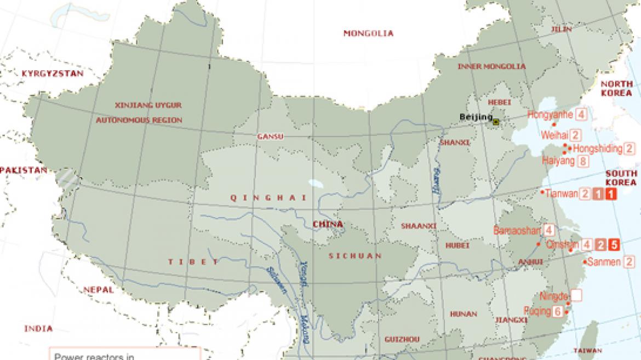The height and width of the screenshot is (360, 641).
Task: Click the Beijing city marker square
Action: pyautogui.click(x=496, y=122)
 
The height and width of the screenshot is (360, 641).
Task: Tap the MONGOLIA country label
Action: pyautogui.click(x=368, y=33)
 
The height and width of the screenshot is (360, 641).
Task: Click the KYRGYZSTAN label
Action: pyautogui.click(x=53, y=73)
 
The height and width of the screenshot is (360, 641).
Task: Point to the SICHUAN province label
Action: pyautogui.click(x=355, y=256)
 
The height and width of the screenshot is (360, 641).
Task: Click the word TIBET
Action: pyautogui.click(x=194, y=262)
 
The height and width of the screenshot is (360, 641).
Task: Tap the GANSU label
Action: pyautogui.click(x=270, y=136)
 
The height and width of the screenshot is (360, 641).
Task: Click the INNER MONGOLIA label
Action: pyautogui.click(x=491, y=67)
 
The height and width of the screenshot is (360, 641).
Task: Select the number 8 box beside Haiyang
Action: pyautogui.click(x=582, y=161)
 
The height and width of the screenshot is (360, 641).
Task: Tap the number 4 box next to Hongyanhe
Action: pyautogui.click(x=581, y=115)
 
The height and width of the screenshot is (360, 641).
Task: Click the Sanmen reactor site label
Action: pyautogui.click(x=603, y=262)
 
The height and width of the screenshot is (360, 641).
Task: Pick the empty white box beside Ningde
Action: pyautogui.click(x=576, y=296)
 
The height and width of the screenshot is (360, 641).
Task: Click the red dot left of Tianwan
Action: pyautogui.click(x=542, y=193)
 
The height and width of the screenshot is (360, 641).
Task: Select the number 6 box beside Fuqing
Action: pyautogui.click(x=558, y=312)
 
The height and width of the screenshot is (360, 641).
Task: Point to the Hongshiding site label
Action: pyautogui.click(x=597, y=148)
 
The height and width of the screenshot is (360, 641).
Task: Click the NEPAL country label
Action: pyautogui.click(x=99, y=290)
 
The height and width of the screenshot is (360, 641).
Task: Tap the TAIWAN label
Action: pyautogui.click(x=588, y=351)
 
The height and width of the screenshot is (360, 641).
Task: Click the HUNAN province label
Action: pyautogui.click(x=463, y=315)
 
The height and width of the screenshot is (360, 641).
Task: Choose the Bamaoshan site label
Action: pyautogui.click(x=517, y=231)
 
